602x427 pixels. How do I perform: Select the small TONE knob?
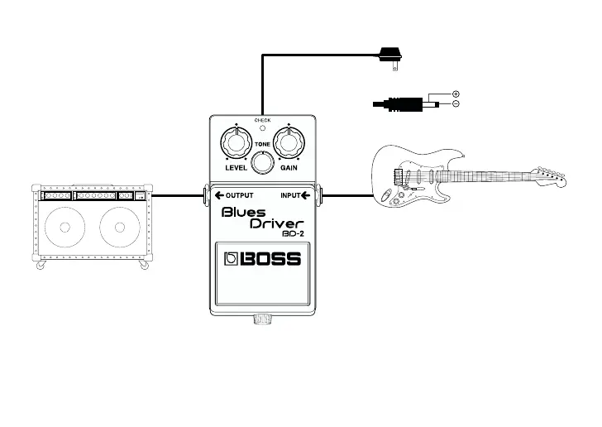262,164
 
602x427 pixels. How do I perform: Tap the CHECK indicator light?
262,128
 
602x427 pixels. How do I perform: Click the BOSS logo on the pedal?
263,259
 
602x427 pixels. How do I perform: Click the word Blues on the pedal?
244,213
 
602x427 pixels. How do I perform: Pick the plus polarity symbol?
456,94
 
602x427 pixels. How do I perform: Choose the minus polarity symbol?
456,104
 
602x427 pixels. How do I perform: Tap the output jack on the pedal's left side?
204,196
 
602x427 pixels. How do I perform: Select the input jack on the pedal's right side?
321,196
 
